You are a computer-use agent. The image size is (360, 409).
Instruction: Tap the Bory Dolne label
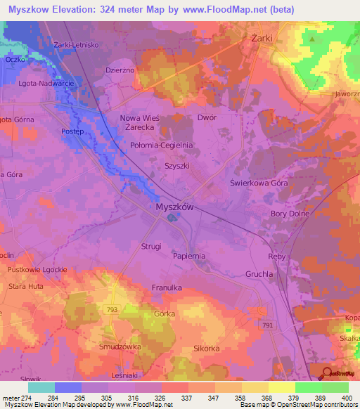pos(290,214)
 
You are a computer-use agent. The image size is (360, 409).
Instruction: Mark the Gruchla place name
pos(259,274)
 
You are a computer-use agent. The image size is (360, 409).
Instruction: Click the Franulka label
pos(167,288)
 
